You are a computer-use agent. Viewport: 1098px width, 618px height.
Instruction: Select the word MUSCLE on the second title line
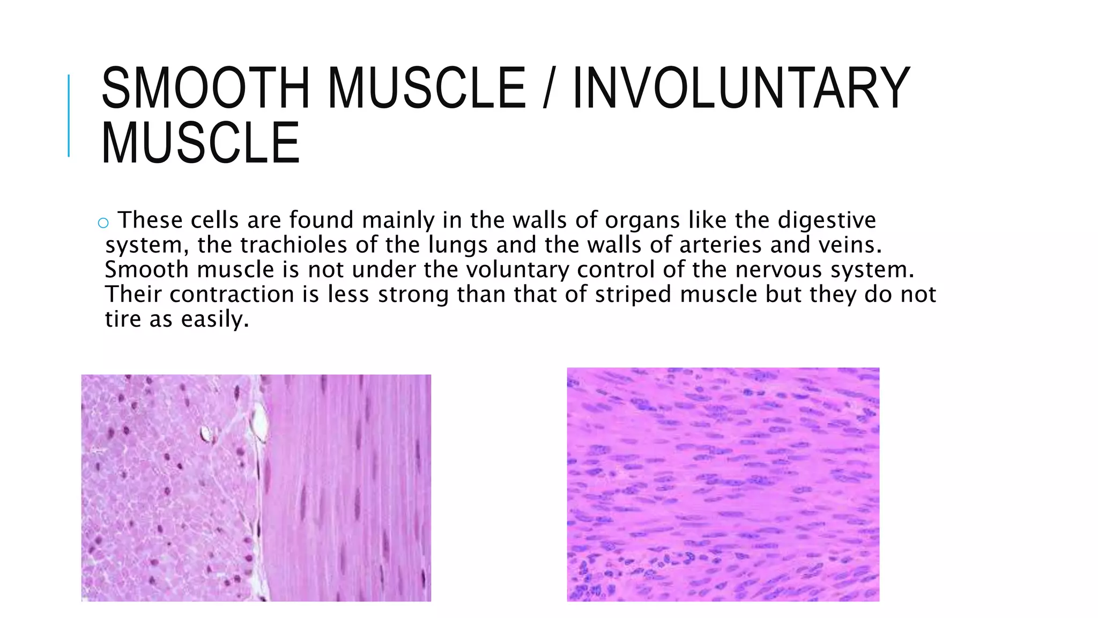tap(201, 143)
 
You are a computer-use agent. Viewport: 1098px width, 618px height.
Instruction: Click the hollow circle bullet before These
tap(103, 223)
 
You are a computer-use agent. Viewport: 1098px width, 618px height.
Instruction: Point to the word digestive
tap(827, 220)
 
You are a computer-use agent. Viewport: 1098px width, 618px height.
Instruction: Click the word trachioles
tap(294, 245)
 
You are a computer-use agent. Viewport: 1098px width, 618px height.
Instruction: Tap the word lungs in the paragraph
tap(458, 245)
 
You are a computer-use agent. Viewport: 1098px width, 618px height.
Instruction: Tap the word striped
tap(633, 295)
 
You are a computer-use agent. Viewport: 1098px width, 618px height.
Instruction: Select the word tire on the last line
tap(123, 319)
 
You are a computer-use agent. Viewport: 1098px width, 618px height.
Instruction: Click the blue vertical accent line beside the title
tap(69, 115)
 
